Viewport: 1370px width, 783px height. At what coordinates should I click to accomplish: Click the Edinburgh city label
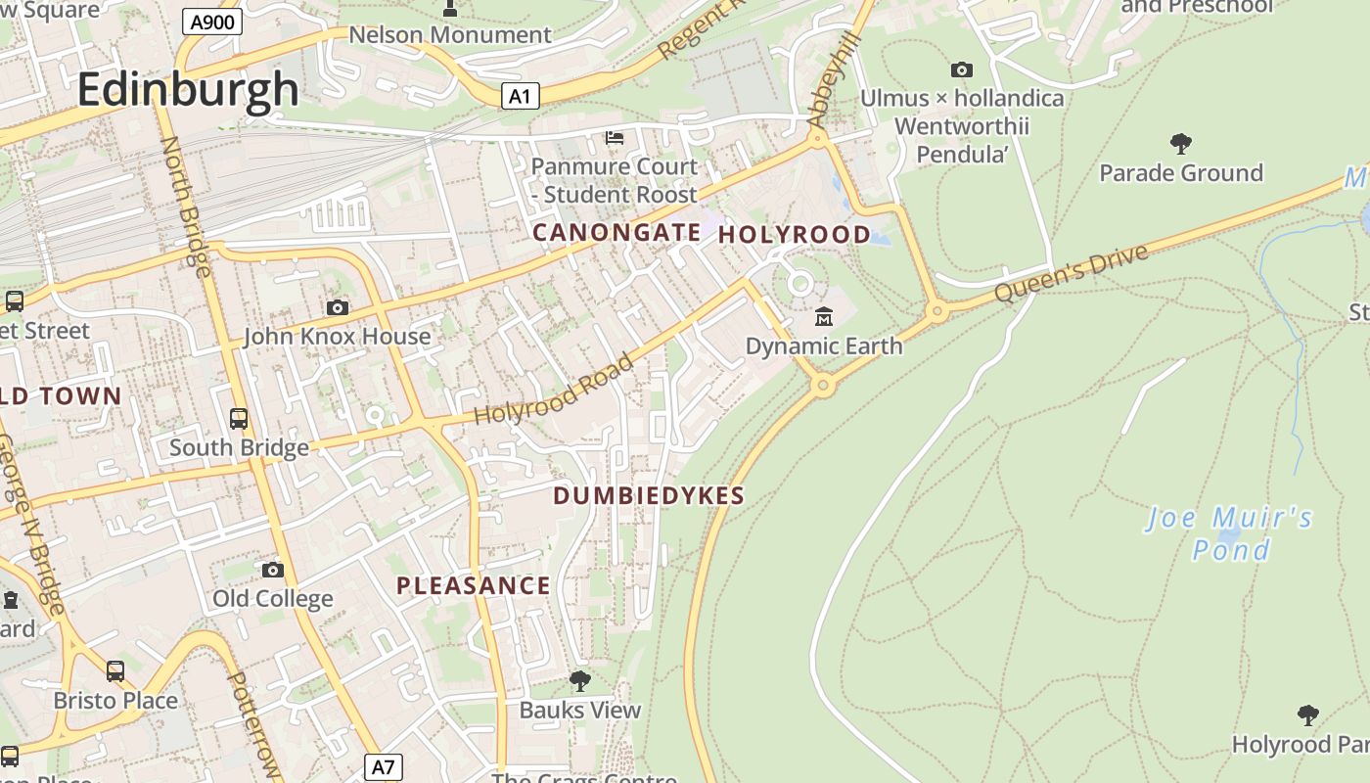188,89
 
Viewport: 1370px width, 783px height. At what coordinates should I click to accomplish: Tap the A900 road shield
212,22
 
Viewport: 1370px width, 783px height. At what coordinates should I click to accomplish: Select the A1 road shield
521,96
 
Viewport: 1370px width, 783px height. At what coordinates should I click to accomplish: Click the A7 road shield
383,766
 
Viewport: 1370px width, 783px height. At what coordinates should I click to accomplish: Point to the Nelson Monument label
450,35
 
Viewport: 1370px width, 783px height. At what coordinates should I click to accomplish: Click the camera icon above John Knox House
338,308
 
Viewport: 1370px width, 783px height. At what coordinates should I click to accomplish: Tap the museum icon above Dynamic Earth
824,317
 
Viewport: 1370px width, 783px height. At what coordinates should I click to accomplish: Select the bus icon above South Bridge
239,419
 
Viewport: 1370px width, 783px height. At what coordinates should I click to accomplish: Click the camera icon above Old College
273,570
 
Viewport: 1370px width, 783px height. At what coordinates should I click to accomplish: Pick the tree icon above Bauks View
580,680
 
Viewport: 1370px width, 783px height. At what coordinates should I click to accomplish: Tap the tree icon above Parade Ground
1181,144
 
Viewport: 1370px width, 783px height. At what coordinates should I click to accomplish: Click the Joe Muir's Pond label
1230,532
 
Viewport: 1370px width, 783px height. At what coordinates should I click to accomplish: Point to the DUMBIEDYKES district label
649,496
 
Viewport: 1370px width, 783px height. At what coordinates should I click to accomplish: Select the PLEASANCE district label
474,586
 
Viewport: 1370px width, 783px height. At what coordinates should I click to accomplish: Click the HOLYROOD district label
794,235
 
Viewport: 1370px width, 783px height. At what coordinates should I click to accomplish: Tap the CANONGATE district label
616,233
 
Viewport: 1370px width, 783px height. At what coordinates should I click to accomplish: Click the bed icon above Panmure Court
615,137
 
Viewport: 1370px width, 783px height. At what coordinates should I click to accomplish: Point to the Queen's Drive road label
1071,273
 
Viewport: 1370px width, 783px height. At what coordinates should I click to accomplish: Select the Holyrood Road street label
554,390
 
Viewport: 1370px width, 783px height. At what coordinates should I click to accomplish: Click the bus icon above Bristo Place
115,671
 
